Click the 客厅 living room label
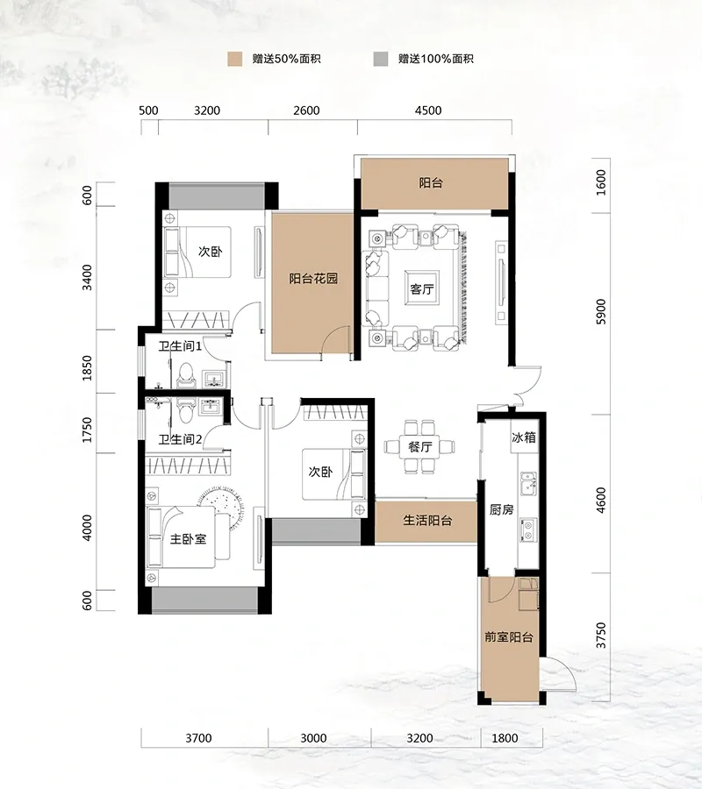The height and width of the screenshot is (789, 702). (x=422, y=289)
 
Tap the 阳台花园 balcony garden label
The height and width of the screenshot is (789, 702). (x=313, y=279)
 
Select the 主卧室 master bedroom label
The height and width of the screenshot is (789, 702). (x=188, y=539)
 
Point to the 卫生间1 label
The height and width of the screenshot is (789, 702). (x=180, y=346)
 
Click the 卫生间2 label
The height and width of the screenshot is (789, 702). (x=180, y=439)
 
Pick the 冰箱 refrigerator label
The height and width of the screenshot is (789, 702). (x=524, y=437)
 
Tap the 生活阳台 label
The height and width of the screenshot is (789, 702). (x=427, y=520)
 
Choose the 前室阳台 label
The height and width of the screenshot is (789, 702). (x=509, y=637)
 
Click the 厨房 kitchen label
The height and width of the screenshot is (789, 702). (x=502, y=509)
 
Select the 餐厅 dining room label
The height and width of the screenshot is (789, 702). (x=420, y=446)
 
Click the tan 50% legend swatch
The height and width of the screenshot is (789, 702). (x=234, y=59)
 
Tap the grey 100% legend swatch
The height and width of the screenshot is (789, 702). (x=381, y=59)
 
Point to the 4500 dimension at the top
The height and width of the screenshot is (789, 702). (x=428, y=110)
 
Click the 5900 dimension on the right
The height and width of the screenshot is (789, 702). (x=601, y=311)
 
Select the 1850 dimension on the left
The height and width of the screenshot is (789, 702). (x=87, y=368)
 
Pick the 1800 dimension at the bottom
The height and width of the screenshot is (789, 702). (x=505, y=738)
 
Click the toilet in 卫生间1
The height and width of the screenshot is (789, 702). (x=186, y=375)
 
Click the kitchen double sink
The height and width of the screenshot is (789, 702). (x=528, y=483)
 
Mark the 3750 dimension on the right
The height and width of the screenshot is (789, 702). (x=601, y=636)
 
